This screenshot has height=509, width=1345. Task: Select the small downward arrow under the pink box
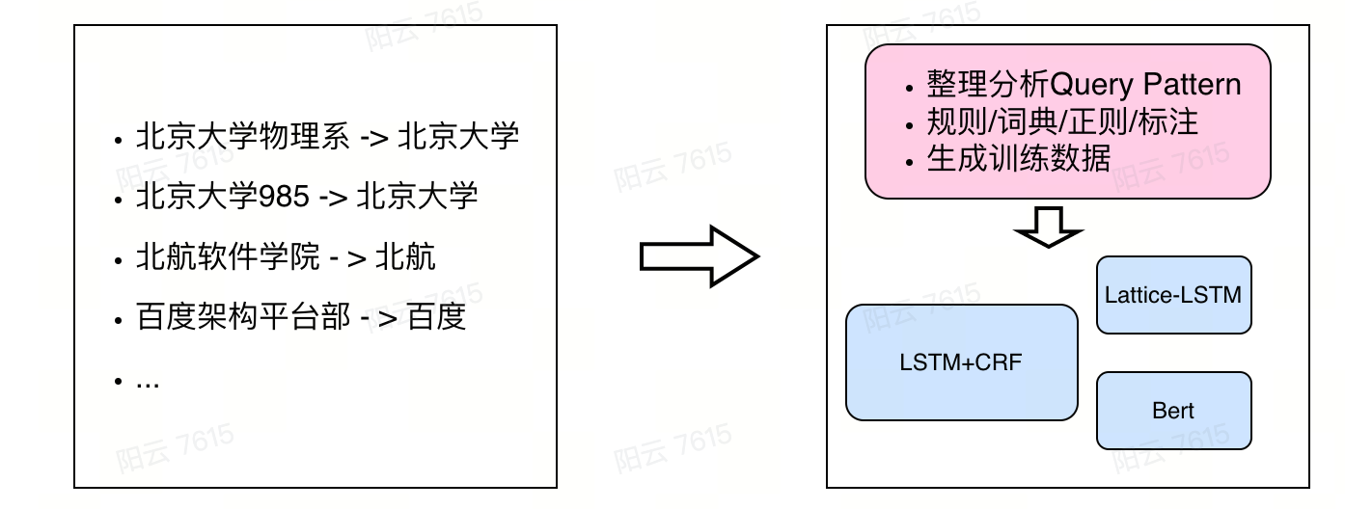(1049, 227)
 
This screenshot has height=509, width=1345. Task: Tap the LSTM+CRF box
(960, 362)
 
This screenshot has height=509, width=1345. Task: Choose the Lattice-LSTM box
(1173, 295)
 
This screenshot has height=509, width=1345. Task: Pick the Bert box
(1173, 411)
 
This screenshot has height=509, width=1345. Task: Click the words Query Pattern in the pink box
(1145, 85)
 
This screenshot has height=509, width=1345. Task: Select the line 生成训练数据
(1019, 158)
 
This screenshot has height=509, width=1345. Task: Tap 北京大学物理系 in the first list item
(243, 137)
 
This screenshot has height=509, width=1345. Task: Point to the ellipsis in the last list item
(148, 381)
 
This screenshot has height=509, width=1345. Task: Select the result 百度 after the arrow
(437, 317)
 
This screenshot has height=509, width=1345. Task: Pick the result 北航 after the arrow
(405, 257)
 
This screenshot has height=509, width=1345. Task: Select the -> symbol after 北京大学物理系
(373, 137)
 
